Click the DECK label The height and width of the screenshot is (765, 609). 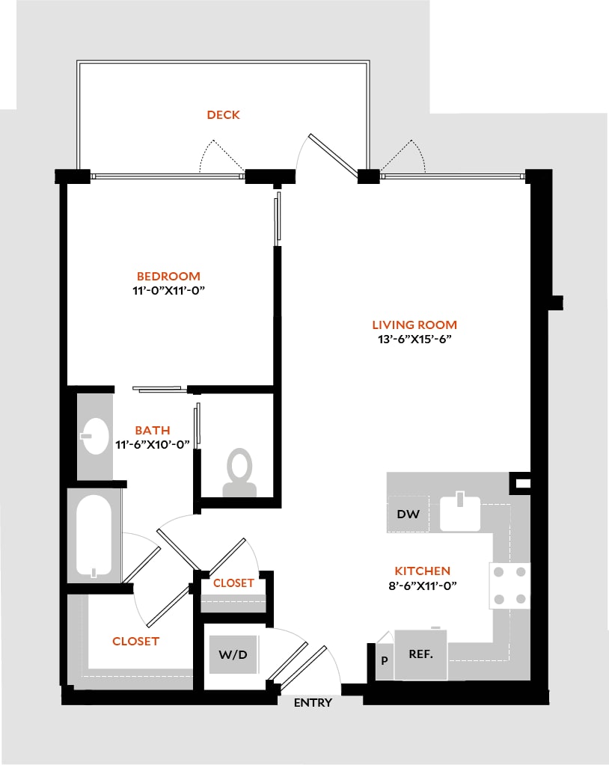point(223,114)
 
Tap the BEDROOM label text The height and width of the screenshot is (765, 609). point(168,276)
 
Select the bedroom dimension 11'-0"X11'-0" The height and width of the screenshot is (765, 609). point(168,291)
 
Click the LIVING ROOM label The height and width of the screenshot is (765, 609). point(414,325)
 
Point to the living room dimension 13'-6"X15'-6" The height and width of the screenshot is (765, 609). point(414,340)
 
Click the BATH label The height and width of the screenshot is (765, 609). point(153,430)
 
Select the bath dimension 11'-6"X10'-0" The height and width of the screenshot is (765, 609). point(153,445)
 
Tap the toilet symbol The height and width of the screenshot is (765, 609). point(239,473)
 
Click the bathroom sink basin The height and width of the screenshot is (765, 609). point(95,436)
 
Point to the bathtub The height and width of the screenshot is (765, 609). point(94,536)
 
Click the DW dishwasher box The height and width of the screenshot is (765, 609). point(408,514)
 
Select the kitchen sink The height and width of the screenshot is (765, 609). point(460,512)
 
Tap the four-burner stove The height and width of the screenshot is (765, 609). point(509,586)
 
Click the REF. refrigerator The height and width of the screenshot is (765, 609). point(420,654)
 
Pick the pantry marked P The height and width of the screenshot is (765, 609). point(385,660)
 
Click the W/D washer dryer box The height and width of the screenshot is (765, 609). point(233,655)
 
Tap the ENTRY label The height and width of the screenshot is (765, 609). point(313,703)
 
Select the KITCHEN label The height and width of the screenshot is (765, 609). point(422,571)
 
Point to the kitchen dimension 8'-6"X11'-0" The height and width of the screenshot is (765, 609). point(422,586)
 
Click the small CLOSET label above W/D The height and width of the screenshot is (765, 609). point(233,583)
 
